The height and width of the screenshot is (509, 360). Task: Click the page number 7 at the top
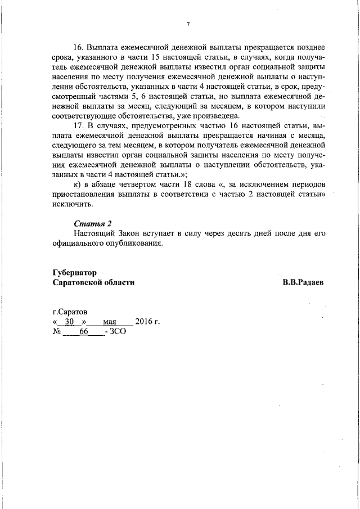188,24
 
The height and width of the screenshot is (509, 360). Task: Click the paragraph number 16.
80,48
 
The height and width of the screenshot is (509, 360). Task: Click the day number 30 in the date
70,322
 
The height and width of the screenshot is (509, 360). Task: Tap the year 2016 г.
148,322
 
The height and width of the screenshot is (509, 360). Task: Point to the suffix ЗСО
118,332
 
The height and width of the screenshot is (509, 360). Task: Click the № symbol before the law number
56,332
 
